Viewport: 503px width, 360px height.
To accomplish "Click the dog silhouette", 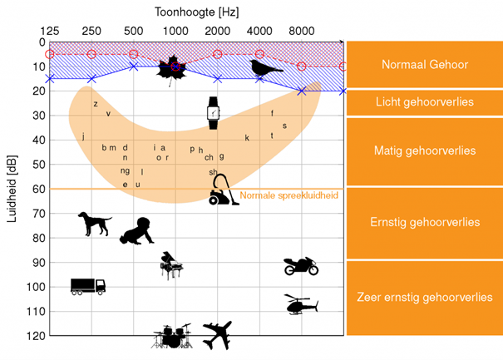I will pyautogui.click(x=94, y=223).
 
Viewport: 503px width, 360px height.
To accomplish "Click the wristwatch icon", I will pyautogui.click(x=214, y=112).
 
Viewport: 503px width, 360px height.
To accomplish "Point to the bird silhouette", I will pyautogui.click(x=266, y=68).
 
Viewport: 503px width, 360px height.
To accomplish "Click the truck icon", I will pyautogui.click(x=88, y=286).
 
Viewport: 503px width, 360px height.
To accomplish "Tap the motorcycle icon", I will pyautogui.click(x=300, y=266).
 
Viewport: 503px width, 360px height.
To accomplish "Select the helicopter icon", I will pyautogui.click(x=300, y=304).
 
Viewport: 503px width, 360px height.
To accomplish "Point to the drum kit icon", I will pyautogui.click(x=172, y=336).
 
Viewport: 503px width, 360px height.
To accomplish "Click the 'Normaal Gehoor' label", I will pyautogui.click(x=424, y=64).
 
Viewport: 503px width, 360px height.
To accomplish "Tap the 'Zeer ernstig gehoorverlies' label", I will pyautogui.click(x=424, y=297).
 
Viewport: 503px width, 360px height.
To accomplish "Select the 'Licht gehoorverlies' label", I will pyautogui.click(x=424, y=102).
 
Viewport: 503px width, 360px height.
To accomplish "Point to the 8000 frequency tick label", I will pyautogui.click(x=301, y=31).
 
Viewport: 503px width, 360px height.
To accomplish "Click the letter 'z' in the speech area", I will pyautogui.click(x=96, y=104).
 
